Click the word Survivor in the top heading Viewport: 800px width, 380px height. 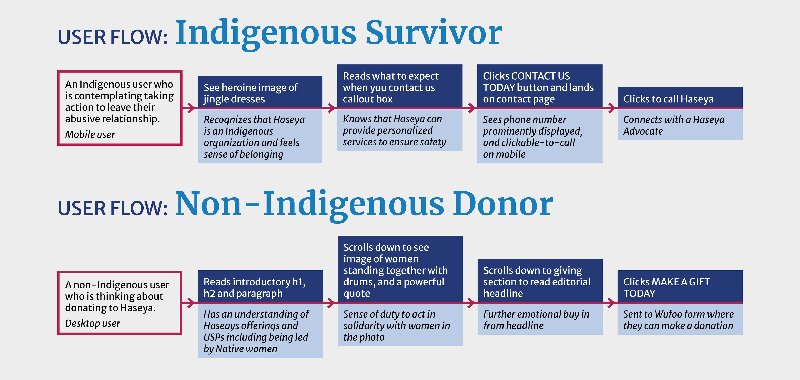click(434, 32)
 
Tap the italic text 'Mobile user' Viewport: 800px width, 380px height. click(90, 134)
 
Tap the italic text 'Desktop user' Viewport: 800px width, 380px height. click(92, 324)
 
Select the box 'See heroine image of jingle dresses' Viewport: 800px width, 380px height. click(260, 92)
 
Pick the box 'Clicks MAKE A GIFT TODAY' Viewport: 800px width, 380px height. click(680, 286)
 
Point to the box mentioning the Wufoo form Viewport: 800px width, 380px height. click(680, 319)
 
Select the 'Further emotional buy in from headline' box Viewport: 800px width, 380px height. click(540, 319)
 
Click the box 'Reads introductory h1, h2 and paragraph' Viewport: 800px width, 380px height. click(260, 286)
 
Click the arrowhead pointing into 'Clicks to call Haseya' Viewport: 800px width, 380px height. click(612, 108)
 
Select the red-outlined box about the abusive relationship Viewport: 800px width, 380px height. click(120, 108)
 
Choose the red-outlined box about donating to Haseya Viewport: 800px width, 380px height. click(120, 303)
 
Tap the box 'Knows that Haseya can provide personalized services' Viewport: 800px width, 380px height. click(400, 130)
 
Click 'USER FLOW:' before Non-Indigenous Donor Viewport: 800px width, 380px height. click(113, 208)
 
